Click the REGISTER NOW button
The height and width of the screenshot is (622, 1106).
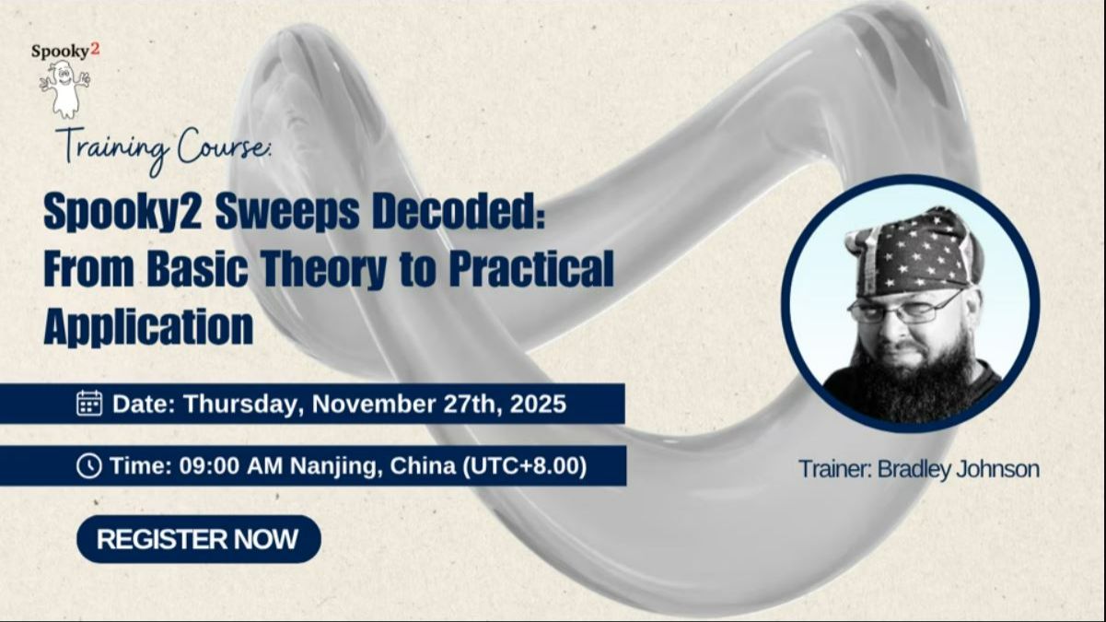[x=198, y=539]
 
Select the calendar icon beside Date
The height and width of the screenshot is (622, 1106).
[x=89, y=404]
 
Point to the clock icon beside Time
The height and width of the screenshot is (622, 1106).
[x=88, y=466]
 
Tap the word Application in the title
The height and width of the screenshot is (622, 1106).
[x=148, y=326]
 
